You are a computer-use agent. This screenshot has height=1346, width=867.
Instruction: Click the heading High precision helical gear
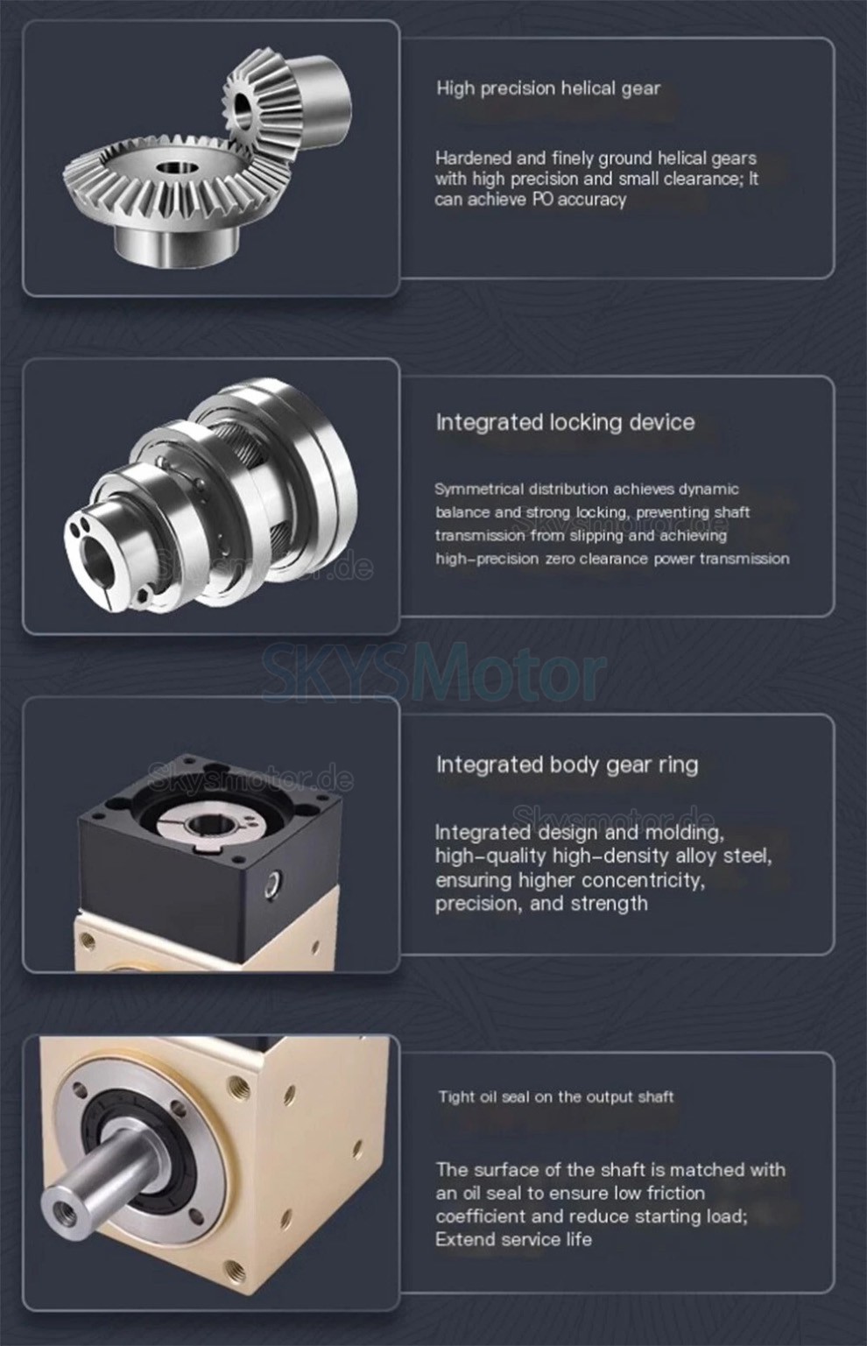pyautogui.click(x=548, y=88)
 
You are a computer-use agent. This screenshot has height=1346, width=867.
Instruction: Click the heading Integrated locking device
pyautogui.click(x=566, y=422)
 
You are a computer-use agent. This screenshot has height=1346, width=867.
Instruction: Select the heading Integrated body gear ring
pyautogui.click(x=567, y=765)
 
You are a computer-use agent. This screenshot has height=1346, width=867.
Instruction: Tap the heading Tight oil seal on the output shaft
pyautogui.click(x=556, y=1096)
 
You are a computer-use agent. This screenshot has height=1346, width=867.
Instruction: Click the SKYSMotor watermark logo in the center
pyautogui.click(x=433, y=671)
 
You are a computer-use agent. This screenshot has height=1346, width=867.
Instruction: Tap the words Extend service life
pyautogui.click(x=514, y=1239)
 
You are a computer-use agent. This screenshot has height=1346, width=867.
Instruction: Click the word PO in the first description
pyautogui.click(x=543, y=200)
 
